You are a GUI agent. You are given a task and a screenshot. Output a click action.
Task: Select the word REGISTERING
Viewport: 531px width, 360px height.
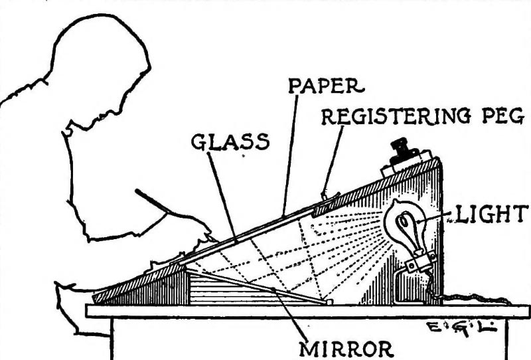click(x=386, y=118)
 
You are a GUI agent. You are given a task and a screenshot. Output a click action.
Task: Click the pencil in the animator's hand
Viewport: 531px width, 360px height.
click(x=159, y=205)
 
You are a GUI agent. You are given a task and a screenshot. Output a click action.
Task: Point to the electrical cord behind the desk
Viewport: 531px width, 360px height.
click(x=478, y=301)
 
